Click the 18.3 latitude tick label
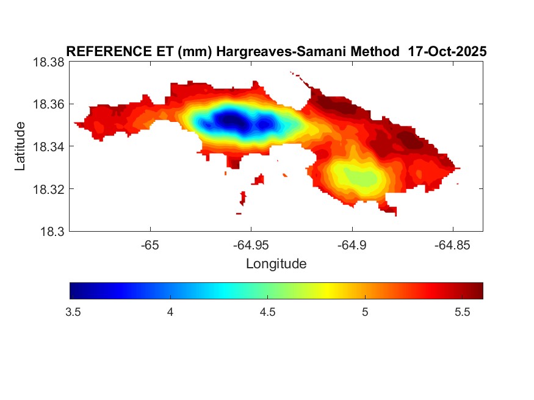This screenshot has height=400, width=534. [52, 231]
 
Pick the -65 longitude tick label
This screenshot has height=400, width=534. [150, 245]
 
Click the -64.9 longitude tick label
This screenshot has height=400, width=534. [352, 245]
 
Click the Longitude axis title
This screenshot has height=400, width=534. [276, 264]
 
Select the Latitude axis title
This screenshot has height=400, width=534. [20, 146]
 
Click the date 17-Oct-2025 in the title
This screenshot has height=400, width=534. [447, 52]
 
